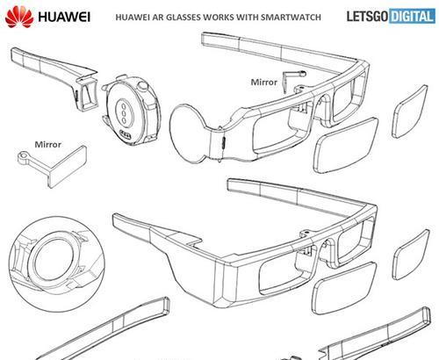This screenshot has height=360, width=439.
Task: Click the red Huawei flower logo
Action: (x=19, y=17)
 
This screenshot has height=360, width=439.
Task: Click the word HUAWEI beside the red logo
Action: (x=64, y=17)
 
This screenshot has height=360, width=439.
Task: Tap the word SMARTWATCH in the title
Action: (x=291, y=17)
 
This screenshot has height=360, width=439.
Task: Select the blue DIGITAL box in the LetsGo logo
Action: (x=413, y=16)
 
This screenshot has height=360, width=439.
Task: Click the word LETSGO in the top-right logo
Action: (x=368, y=16)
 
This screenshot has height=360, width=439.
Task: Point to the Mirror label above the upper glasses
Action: (x=263, y=83)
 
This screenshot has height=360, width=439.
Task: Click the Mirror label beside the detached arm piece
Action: (x=47, y=144)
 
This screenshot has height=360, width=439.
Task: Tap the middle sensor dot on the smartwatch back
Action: (x=124, y=112)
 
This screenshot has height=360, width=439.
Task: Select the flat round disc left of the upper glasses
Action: (x=189, y=133)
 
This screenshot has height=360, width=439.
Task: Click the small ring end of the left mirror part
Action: (x=22, y=155)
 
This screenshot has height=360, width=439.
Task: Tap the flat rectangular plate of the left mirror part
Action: (x=67, y=166)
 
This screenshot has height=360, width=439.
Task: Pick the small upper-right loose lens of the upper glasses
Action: (x=409, y=112)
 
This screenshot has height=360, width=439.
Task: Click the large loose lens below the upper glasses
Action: (x=346, y=145)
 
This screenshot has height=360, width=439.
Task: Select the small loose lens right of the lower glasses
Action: (x=411, y=255)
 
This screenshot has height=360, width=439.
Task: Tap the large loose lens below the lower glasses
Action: (x=343, y=288)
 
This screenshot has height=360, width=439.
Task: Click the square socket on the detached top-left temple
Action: (x=87, y=95)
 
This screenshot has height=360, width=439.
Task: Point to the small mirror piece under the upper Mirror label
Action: (x=292, y=80)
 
